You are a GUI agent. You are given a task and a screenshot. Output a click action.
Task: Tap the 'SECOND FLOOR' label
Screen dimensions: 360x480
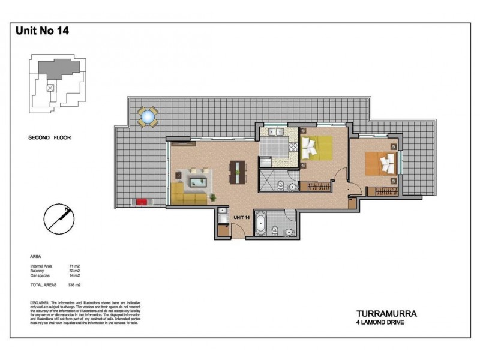pyautogui.click(x=50, y=137)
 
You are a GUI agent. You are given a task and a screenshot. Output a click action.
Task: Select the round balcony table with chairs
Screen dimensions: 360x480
pyautogui.click(x=148, y=116)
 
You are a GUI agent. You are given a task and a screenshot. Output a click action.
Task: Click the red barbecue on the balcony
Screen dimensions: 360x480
pyautogui.click(x=142, y=202)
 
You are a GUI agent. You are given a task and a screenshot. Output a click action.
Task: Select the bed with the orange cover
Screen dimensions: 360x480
pyautogui.click(x=381, y=163)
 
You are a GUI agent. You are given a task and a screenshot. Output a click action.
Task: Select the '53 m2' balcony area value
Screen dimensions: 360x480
pyautogui.click(x=74, y=271)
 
